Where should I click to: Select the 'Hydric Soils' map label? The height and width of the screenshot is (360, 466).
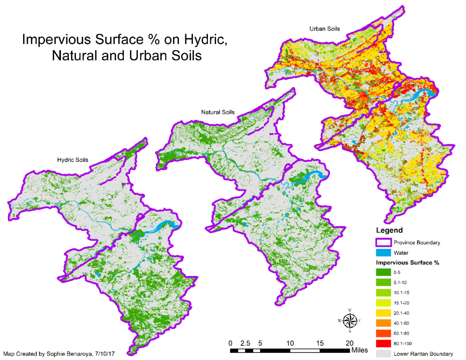click(x=73, y=160)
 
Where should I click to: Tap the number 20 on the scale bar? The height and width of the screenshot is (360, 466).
click(x=349, y=343)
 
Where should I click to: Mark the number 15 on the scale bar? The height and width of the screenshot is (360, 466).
click(x=319, y=343)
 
